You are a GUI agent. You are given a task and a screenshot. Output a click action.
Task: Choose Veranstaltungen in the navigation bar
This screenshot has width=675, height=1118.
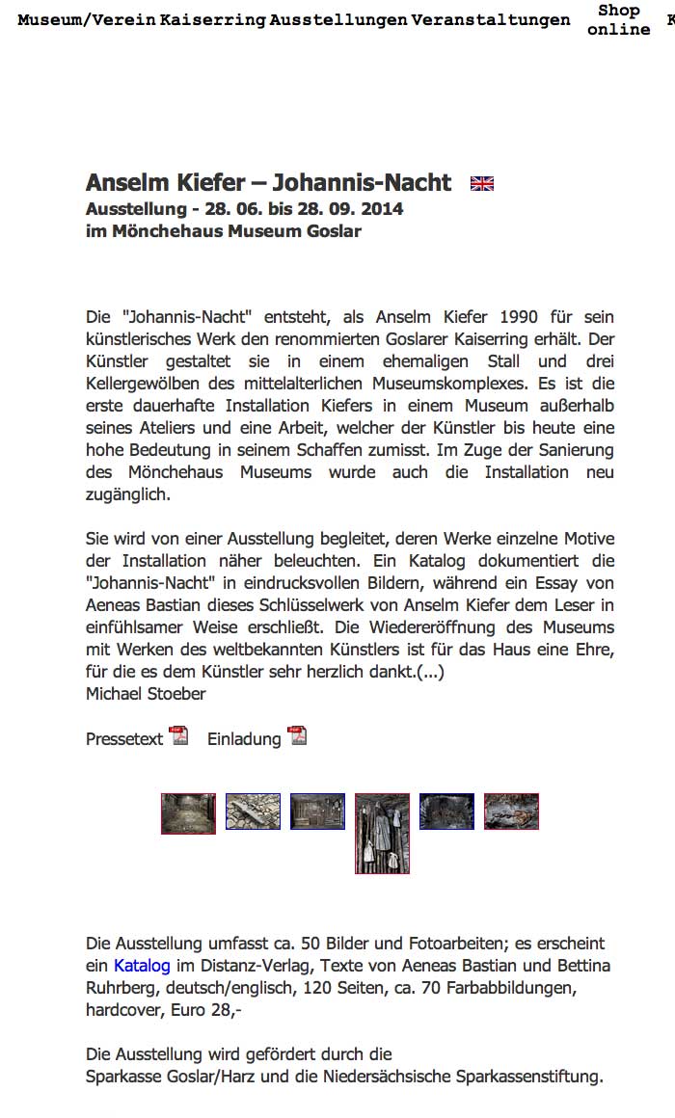490,20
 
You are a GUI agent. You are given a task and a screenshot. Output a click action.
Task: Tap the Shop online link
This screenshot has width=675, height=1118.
618,20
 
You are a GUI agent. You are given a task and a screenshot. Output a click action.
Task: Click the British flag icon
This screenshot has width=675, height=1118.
482,184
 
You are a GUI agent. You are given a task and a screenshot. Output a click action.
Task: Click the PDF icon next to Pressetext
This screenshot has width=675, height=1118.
179,736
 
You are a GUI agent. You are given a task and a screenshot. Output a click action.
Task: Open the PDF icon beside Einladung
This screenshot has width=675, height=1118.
297,736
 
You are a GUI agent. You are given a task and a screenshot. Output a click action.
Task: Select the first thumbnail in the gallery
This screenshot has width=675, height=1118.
188,812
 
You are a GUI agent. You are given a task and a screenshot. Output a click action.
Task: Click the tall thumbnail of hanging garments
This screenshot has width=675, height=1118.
382,833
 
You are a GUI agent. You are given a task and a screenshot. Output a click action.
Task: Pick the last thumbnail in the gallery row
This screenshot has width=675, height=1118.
511,812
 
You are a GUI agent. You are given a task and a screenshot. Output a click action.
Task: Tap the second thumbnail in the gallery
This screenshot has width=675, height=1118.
253,812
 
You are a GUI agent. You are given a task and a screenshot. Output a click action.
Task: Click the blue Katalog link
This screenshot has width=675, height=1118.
142,966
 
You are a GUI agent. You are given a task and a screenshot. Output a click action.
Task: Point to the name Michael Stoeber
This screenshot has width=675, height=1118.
146,693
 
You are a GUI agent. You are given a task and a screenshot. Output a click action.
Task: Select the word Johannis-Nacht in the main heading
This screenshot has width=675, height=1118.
362,183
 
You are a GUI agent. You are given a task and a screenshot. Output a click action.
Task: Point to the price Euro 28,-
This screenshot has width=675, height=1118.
216,1010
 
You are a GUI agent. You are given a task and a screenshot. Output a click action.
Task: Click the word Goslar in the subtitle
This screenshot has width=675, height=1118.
333,231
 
